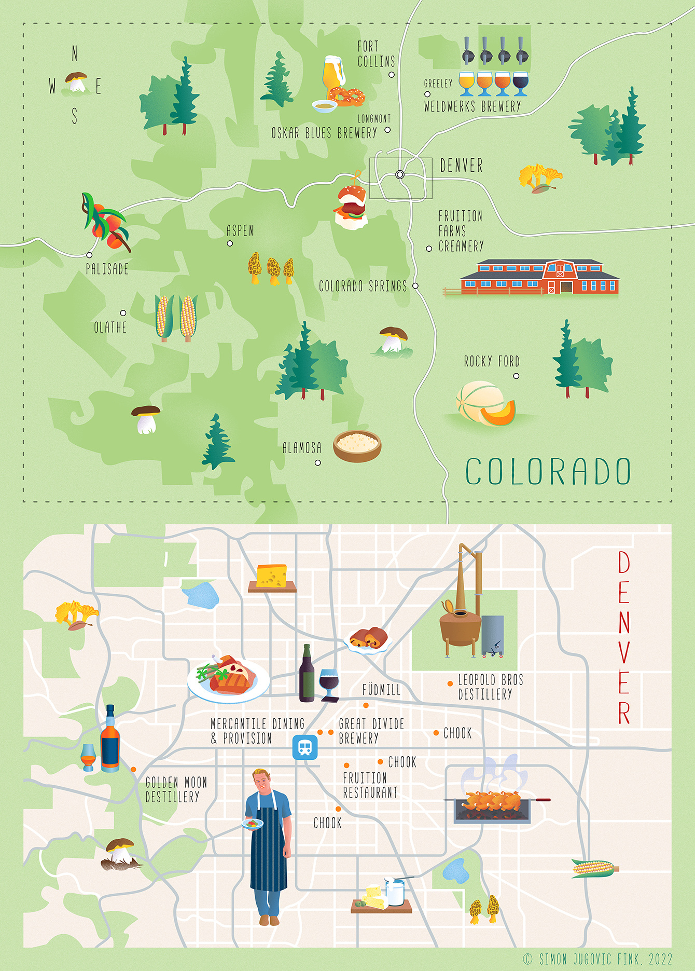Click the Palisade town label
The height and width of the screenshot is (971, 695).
click(x=107, y=269)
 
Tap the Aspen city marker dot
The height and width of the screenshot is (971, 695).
click(x=230, y=243)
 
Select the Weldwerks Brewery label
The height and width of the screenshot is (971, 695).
click(x=472, y=106)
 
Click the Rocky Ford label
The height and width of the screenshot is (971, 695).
click(x=491, y=361)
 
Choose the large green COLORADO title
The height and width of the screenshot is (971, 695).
click(x=548, y=472)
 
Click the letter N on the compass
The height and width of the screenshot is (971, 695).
click(x=75, y=53)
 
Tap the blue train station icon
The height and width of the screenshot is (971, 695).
click(x=305, y=747)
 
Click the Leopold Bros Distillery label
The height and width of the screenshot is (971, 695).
click(x=490, y=687)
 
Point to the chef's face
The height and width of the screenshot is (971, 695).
click(x=262, y=783)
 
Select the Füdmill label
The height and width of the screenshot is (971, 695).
click(x=381, y=690)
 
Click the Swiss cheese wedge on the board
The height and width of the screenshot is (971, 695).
click(x=271, y=576)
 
